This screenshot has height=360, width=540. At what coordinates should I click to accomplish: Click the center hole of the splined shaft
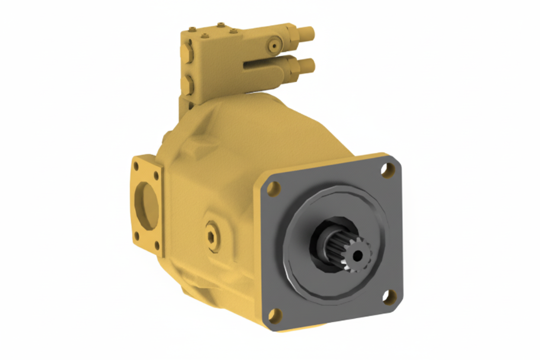357,256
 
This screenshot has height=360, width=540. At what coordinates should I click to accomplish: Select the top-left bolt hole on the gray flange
273,188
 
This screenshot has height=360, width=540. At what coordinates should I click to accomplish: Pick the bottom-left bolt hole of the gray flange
274,315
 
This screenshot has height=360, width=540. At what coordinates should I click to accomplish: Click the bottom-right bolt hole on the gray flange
389,296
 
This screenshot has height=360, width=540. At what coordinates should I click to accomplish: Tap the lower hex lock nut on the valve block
293,67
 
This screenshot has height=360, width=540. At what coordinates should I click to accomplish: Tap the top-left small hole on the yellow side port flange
137,165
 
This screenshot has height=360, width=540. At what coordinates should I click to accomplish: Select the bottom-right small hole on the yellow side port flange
157,247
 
